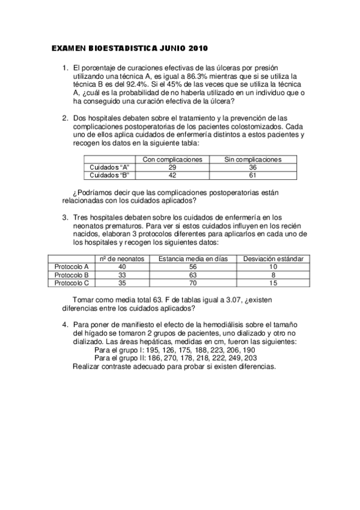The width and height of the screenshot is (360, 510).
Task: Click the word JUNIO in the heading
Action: click(x=172, y=47)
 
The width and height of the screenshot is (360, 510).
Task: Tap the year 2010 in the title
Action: click(x=200, y=47)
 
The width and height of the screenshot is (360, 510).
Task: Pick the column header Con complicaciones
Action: click(x=172, y=159)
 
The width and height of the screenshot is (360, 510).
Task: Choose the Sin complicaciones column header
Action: click(x=252, y=159)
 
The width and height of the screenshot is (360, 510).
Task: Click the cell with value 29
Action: click(x=172, y=167)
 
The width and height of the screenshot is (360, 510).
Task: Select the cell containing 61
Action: click(x=252, y=175)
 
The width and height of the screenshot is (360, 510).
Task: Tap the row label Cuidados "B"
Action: click(x=109, y=175)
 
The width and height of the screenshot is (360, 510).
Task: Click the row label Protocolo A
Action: click(x=72, y=266)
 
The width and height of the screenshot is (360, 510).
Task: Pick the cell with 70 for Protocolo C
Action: click(x=194, y=282)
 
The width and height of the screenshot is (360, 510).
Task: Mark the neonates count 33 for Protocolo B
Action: click(x=123, y=274)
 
